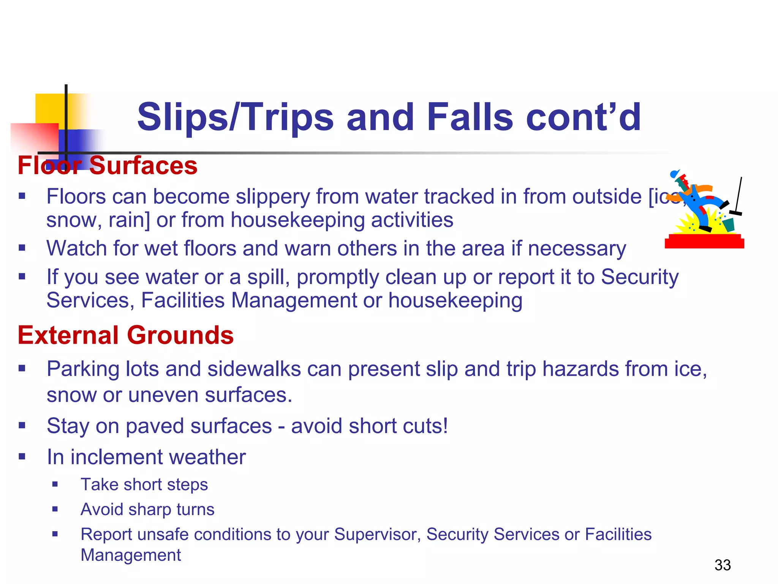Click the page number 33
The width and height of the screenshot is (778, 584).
[x=722, y=565]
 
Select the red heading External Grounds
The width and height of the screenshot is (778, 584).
[x=125, y=335]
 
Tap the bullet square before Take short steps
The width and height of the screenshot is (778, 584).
[x=55, y=484]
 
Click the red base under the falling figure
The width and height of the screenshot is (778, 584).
[x=704, y=242]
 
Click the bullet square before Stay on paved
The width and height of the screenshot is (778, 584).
[x=22, y=425]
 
